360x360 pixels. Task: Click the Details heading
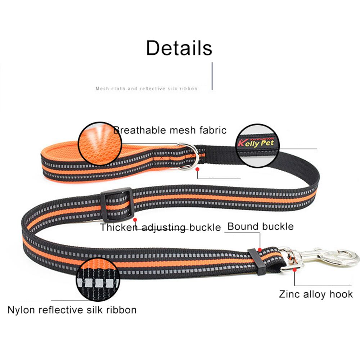click(179, 48)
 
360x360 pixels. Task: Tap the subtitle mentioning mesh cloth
click(147, 89)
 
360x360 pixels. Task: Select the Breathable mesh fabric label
click(170, 130)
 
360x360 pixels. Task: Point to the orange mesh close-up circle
click(99, 144)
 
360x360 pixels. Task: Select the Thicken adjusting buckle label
click(160, 228)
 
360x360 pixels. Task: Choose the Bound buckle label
click(260, 226)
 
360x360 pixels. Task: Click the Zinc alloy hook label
click(316, 294)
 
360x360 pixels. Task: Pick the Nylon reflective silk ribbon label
click(72, 310)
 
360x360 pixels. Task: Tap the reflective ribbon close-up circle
click(98, 279)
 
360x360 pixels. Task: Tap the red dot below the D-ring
click(198, 169)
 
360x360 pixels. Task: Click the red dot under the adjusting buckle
click(135, 219)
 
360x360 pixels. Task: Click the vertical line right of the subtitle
click(212, 76)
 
